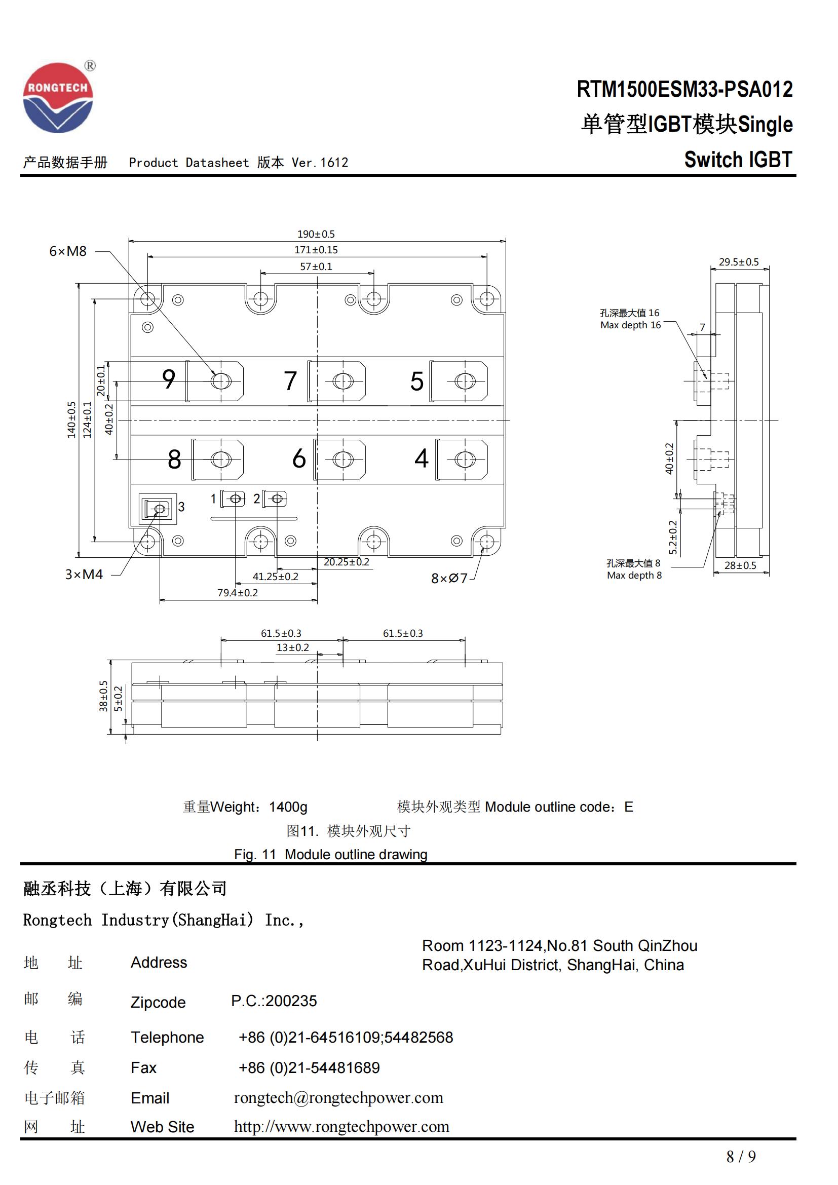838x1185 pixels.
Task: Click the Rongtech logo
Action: point(58,98)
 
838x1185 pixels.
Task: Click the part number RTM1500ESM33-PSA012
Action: point(684,89)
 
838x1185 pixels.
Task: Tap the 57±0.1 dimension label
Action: point(316,266)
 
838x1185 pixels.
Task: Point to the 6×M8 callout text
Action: point(67,251)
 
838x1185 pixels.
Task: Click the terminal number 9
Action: point(169,379)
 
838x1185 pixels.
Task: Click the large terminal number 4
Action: point(421,458)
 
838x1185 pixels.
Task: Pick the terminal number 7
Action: point(290,381)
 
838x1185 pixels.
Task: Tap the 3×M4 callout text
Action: point(84,575)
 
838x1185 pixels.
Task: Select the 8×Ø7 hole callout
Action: point(449,579)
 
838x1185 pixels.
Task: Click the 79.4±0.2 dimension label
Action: point(237,593)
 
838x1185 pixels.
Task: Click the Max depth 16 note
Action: point(630,325)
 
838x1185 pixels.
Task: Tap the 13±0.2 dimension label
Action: point(292,647)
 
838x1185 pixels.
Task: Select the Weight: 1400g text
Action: point(245,807)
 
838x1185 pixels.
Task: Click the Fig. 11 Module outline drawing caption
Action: point(330,854)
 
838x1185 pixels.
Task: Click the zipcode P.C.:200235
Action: point(274,1001)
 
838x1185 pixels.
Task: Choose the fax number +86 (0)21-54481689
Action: point(309,1067)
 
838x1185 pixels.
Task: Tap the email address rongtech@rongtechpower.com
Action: point(338,1097)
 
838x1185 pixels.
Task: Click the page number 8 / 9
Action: point(741,1157)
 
